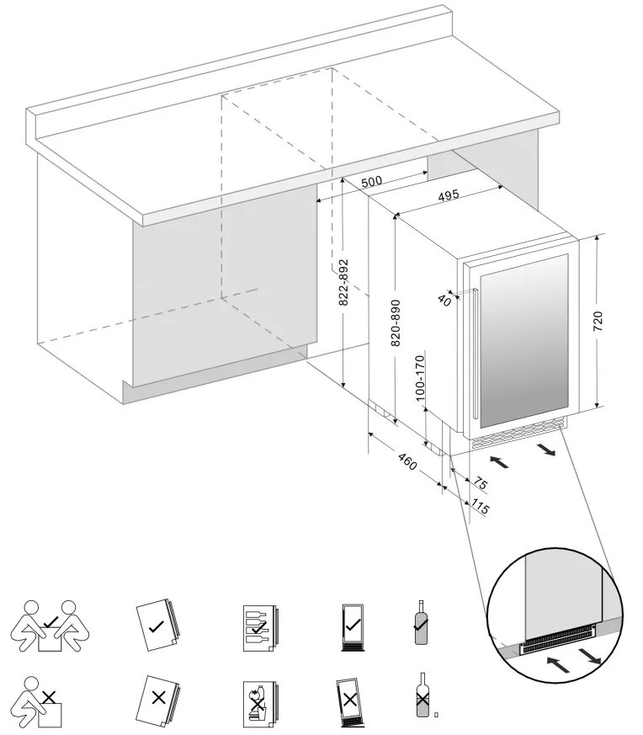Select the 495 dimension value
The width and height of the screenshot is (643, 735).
point(449,195)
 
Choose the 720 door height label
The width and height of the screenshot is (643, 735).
point(599,322)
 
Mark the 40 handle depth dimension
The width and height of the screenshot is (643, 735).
point(443,300)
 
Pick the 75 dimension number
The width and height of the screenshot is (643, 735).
point(480,484)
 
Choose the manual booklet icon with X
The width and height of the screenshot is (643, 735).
point(156,696)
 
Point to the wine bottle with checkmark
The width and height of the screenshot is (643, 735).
point(421,624)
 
